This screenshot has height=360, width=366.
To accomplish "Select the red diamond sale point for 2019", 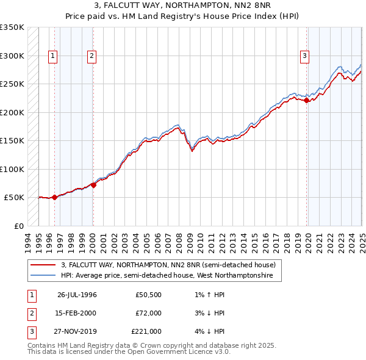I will click(306, 101).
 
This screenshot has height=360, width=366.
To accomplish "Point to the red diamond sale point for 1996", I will click(54, 197).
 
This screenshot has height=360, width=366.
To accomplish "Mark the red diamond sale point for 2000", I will click(93, 185).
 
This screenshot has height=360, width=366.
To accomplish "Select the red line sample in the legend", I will click(43, 265).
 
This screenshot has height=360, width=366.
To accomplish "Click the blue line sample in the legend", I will click(43, 276).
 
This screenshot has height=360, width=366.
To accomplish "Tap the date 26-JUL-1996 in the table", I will click(77, 295).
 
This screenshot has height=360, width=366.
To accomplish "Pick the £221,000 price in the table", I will click(146, 331).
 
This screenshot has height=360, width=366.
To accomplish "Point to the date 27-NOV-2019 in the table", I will click(77, 331).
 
